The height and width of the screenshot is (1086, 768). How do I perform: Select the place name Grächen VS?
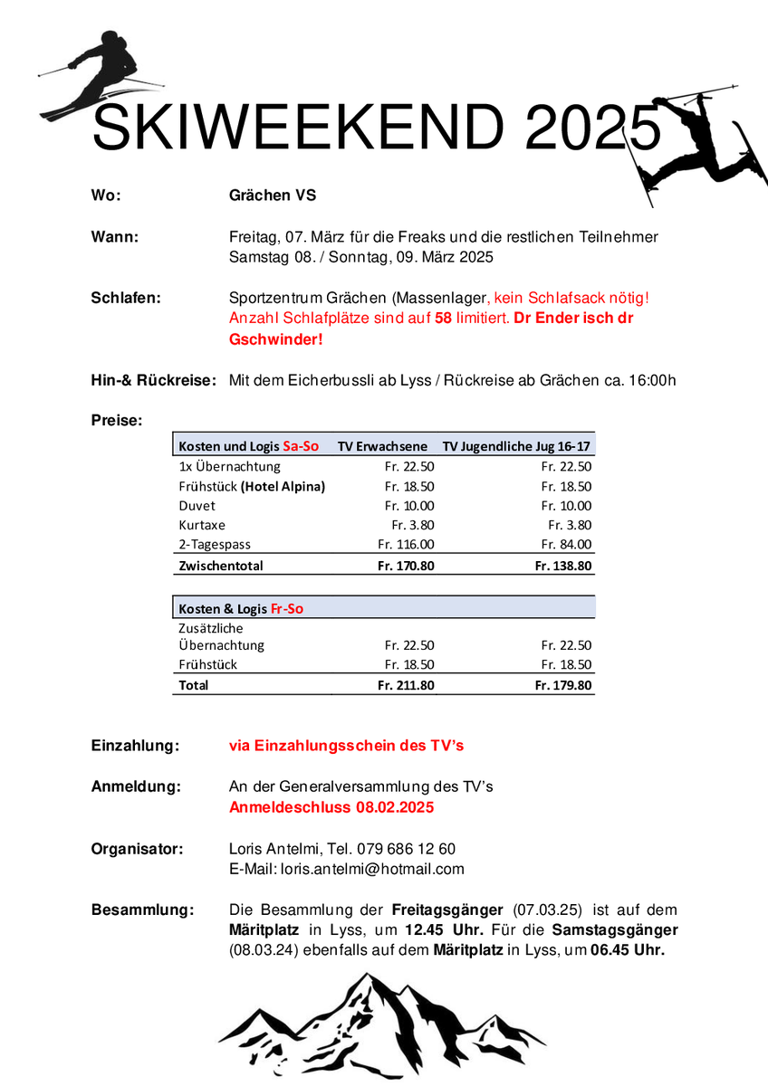click(273, 195)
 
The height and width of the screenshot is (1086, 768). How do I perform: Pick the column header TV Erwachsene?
click(382, 446)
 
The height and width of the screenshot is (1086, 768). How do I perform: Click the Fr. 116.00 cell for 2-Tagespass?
click(406, 545)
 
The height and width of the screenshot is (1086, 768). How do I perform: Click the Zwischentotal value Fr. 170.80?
click(406, 566)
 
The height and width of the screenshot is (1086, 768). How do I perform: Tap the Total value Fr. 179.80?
click(563, 686)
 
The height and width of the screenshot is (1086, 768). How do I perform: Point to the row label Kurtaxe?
click(202, 525)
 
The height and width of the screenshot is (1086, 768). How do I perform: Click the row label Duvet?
click(197, 506)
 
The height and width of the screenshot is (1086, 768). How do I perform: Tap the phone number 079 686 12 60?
click(408, 849)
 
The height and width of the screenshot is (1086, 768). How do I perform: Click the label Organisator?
click(138, 849)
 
